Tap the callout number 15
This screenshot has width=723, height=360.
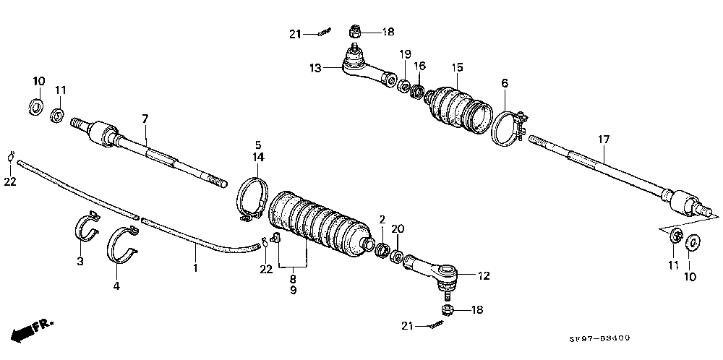pyautogui.click(x=457, y=68)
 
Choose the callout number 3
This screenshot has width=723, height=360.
pyautogui.click(x=81, y=260)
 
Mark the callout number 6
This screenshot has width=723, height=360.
pyautogui.click(x=504, y=84)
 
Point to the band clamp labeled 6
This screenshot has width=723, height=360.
pyautogui.click(x=510, y=127)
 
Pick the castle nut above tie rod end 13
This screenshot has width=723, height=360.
pyautogui.click(x=354, y=32)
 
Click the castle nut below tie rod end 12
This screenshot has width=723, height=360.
pyautogui.click(x=446, y=310)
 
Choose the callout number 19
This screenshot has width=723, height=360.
pyautogui.click(x=406, y=53)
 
